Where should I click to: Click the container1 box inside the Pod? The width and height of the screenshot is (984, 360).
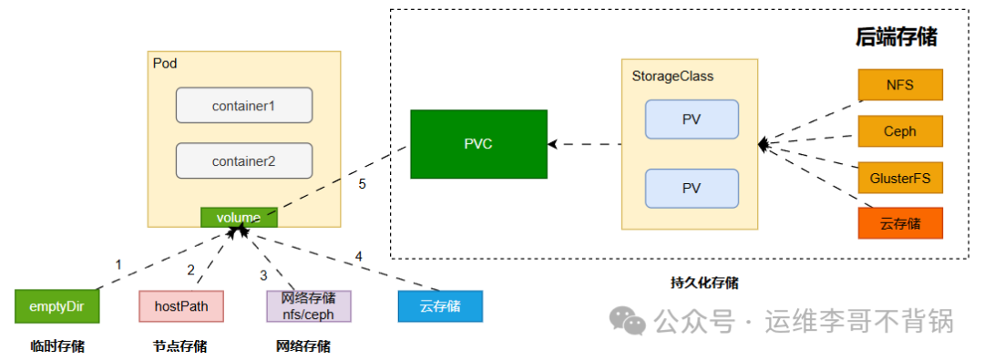tap(244, 106)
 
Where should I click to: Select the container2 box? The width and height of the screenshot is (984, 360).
tap(244, 160)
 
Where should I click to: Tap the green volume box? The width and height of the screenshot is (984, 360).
tap(239, 218)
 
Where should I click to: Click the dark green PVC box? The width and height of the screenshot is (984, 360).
tap(478, 145)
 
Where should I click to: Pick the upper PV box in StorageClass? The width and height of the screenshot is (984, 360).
tap(692, 118)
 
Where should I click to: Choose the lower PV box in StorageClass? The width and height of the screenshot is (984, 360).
tap(692, 189)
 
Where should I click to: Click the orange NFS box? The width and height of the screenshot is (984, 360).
tap(900, 85)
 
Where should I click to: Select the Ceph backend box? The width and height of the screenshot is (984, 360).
tap(900, 131)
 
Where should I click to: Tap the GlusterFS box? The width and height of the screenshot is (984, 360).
tap(900, 177)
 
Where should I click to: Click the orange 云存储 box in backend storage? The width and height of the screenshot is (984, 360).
tap(900, 223)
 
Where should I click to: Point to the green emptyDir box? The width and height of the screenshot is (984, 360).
tap(57, 306)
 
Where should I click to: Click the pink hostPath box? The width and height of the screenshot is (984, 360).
tap(181, 306)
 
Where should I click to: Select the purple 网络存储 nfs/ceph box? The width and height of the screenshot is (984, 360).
tap(309, 306)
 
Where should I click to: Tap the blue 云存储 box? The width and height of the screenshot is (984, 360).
tap(441, 306)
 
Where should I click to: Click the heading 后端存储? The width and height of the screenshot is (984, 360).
tap(897, 37)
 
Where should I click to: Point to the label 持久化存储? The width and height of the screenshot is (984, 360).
tap(704, 283)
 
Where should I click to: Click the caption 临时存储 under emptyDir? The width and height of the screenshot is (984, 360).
tap(57, 345)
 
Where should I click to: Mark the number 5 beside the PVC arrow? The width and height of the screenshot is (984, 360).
tap(362, 185)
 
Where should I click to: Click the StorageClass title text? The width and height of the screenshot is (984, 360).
tap(672, 77)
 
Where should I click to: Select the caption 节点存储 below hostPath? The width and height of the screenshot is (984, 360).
tap(179, 346)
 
